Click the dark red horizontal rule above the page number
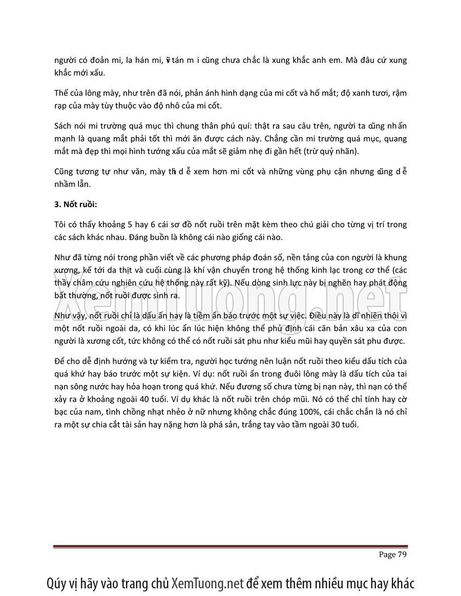[x=230, y=547]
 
